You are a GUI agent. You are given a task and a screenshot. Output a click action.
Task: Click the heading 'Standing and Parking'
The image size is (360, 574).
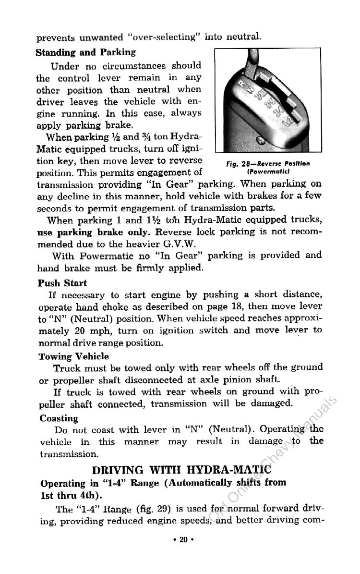(86, 52)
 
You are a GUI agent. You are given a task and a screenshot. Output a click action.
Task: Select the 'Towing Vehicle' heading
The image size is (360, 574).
(74, 356)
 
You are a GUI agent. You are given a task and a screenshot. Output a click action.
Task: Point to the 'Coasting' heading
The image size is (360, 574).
(59, 418)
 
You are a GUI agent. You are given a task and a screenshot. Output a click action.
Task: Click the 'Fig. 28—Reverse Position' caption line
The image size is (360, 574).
(275, 163)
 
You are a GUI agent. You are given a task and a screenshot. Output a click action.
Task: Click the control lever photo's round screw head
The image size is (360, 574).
(261, 141)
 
